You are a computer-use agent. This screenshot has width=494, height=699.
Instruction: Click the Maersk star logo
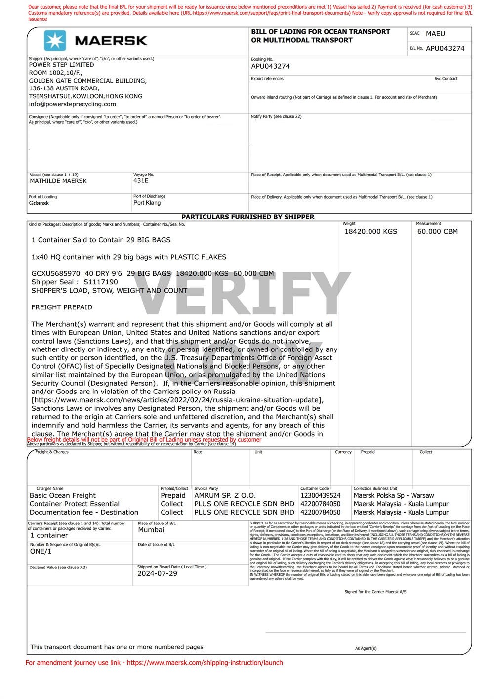[55, 41]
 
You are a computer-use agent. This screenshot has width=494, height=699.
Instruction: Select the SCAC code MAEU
[435, 34]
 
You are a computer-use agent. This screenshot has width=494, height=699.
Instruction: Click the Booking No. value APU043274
[270, 66]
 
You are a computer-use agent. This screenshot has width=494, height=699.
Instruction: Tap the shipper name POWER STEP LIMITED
[61, 65]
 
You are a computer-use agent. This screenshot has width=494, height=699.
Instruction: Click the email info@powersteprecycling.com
[72, 104]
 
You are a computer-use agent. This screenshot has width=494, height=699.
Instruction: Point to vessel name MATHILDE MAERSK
[58, 181]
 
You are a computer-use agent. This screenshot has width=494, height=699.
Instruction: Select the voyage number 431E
[141, 181]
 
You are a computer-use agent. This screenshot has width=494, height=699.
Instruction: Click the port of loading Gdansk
[39, 203]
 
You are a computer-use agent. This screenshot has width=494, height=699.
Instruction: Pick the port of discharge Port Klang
[147, 203]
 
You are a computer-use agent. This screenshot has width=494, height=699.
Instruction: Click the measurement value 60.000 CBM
[437, 231]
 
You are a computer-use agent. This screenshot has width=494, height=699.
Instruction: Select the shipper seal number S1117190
[101, 282]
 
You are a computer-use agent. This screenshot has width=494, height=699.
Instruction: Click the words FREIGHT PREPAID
[62, 307]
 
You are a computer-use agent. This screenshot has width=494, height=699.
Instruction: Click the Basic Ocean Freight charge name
[63, 495]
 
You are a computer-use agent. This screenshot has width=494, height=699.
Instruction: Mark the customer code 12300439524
[320, 495]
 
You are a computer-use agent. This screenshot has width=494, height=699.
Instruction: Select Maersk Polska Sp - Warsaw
[394, 495]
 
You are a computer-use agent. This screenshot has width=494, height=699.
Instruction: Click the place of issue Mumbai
[151, 530]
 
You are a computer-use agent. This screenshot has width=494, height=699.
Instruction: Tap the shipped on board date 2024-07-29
[157, 573]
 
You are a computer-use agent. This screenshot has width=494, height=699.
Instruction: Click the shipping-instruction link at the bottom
[205, 663]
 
